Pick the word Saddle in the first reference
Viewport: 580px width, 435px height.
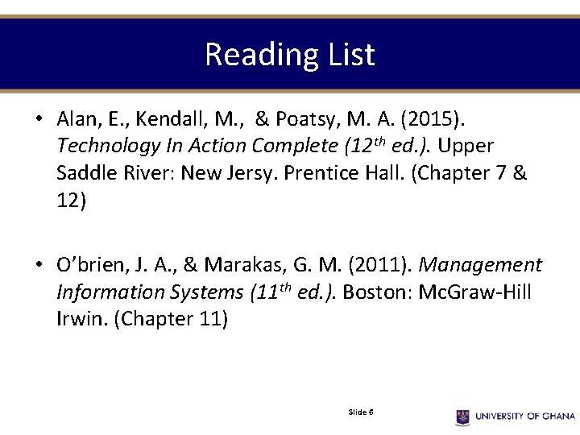point(85,172)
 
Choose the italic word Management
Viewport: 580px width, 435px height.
point(482,265)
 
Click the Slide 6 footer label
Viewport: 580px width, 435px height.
point(360,412)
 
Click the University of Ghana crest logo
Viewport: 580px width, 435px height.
point(462,416)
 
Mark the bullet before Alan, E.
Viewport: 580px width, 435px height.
point(38,119)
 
